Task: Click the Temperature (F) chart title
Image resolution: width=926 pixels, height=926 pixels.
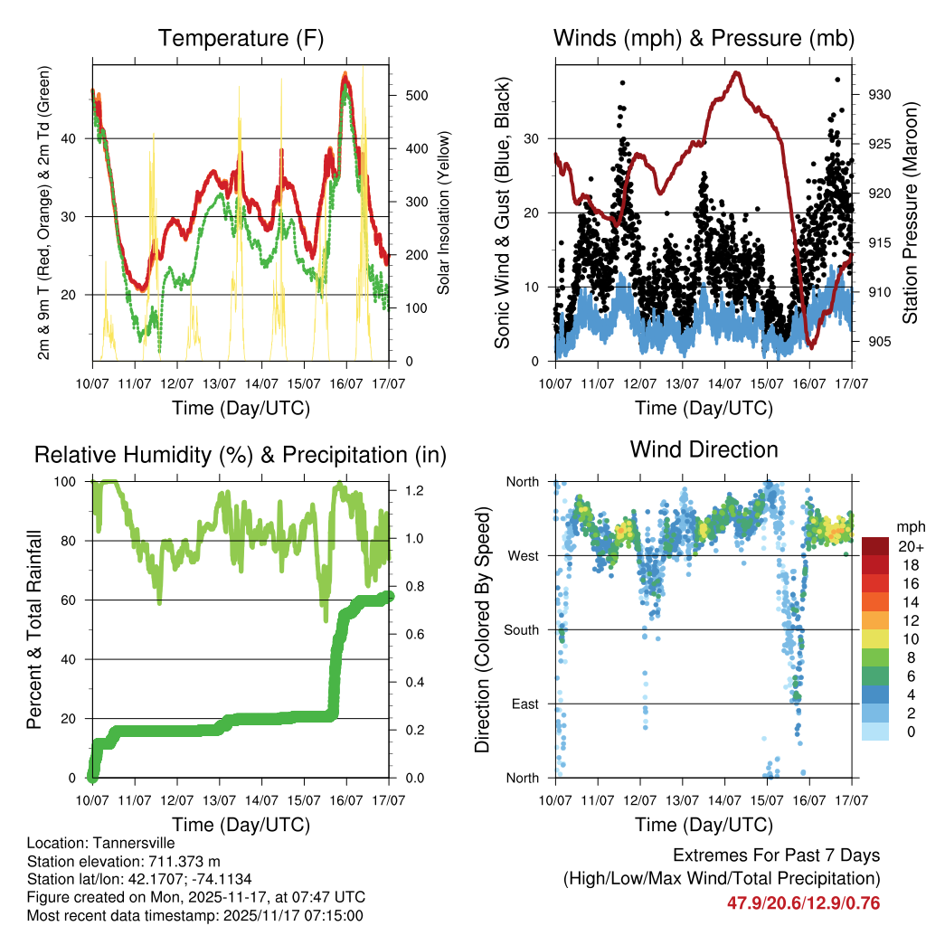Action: tap(241, 39)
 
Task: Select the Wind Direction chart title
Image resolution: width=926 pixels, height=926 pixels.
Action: tap(704, 449)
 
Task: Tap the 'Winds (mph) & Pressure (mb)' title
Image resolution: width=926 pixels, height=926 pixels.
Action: tap(704, 39)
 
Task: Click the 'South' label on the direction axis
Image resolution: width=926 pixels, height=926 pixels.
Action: tap(521, 629)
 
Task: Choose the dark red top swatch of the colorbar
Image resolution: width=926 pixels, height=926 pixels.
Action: tap(875, 545)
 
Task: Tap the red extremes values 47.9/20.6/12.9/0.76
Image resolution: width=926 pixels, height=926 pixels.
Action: tap(803, 903)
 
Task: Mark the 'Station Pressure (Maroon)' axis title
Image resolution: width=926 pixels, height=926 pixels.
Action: tap(910, 212)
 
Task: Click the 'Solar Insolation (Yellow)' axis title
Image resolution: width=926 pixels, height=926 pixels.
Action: tap(443, 212)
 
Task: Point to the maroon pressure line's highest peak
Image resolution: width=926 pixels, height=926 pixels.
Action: tap(737, 72)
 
